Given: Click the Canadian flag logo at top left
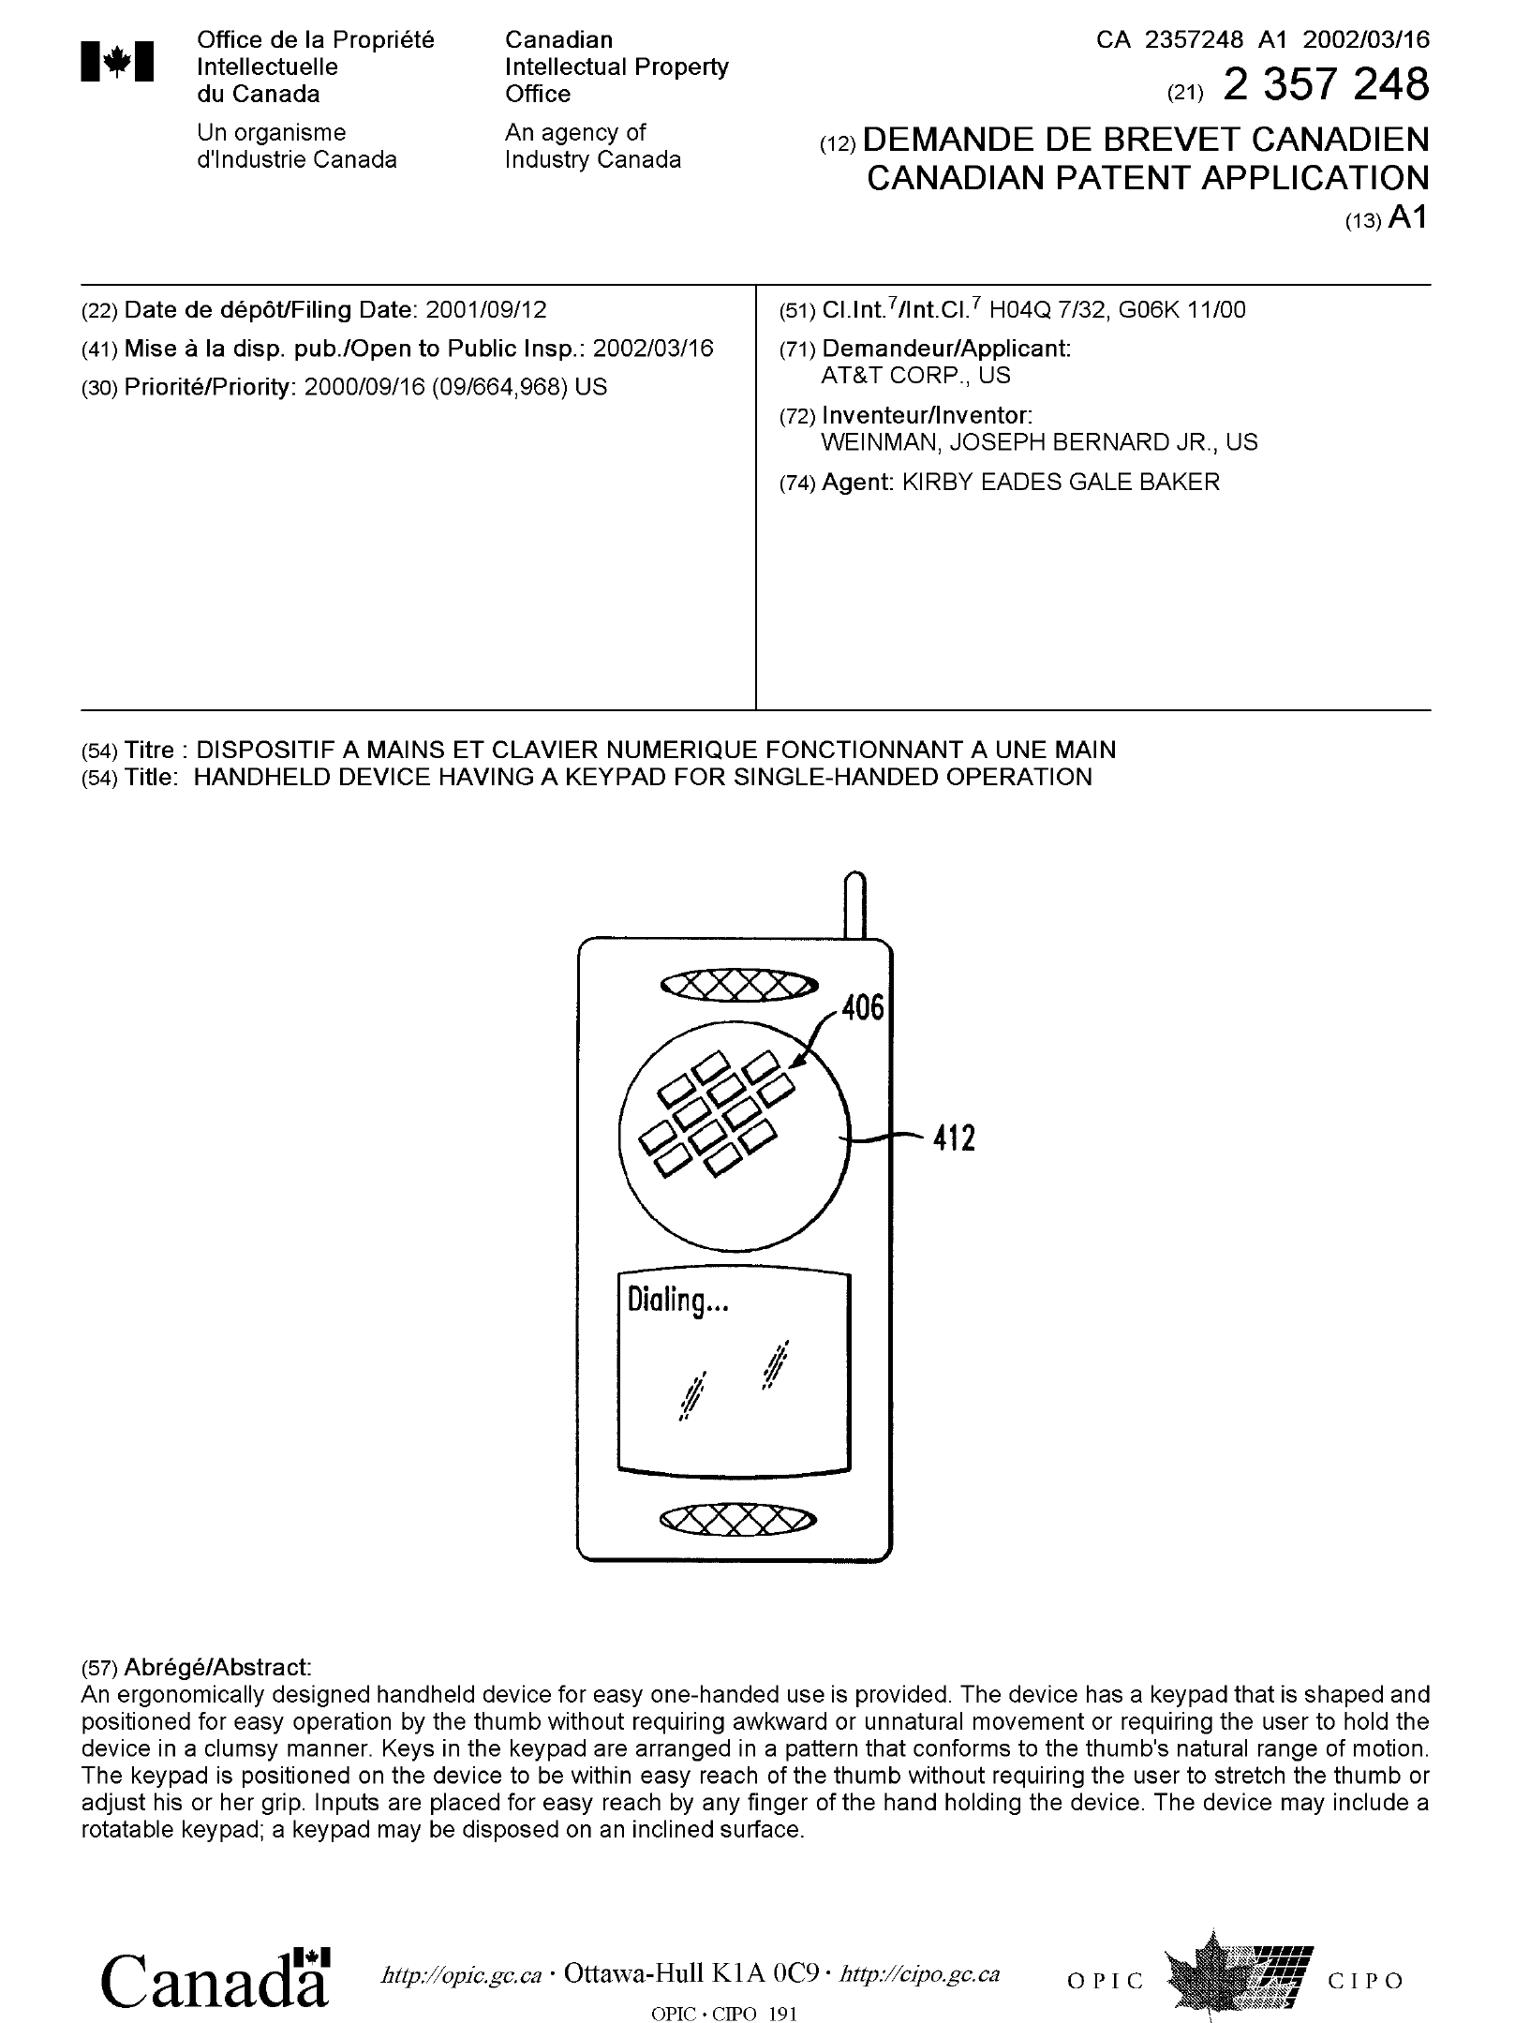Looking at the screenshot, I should pyautogui.click(x=117, y=63).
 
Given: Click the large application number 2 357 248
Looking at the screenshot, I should pyautogui.click(x=1326, y=85).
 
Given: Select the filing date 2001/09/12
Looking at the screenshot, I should pyautogui.click(x=485, y=310).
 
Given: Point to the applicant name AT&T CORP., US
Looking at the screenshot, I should pyautogui.click(x=915, y=376).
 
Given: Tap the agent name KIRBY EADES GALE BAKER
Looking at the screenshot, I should pyautogui.click(x=1060, y=483).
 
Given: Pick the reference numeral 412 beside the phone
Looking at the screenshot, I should pyautogui.click(x=954, y=1138).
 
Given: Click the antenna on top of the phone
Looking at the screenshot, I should pyautogui.click(x=854, y=904).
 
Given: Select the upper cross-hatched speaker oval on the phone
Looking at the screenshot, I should pyautogui.click(x=739, y=984).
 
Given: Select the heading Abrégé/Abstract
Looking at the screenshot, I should pyautogui.click(x=216, y=1667).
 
